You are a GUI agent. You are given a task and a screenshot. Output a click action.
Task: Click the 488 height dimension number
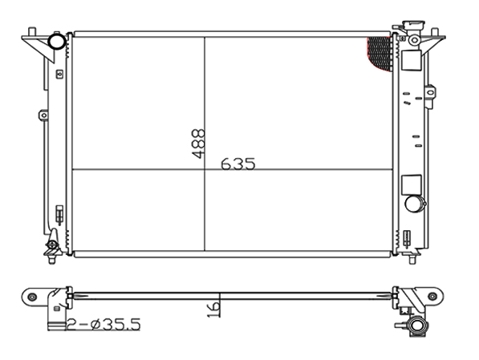198,144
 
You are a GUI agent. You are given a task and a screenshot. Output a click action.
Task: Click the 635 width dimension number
237,164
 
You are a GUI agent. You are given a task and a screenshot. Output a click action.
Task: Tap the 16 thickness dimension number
213,309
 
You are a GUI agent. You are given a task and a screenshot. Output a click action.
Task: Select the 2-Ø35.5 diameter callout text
104,324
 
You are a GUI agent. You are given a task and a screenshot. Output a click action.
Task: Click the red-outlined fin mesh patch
380,54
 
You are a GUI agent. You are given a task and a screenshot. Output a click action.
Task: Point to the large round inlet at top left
57,41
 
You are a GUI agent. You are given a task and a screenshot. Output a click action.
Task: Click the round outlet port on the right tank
414,204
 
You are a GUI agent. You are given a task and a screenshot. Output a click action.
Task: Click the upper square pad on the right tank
411,60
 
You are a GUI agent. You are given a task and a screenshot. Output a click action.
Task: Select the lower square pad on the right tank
411,184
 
